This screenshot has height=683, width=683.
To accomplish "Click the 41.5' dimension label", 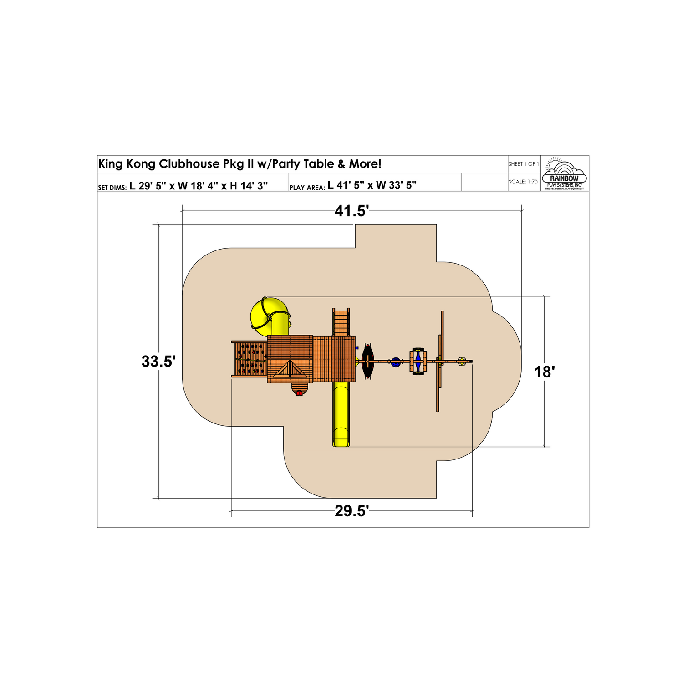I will pos(352,211).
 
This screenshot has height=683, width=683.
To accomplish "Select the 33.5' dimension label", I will pos(158,362).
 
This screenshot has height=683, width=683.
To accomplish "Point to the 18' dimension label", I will pos(544,372).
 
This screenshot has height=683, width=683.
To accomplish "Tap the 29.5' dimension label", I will pos(352,511).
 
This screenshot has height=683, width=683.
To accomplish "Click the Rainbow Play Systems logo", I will pos(564,173).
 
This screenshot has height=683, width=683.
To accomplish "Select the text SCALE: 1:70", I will pos(523,182).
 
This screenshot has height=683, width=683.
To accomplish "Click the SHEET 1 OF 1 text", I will pos(524,164).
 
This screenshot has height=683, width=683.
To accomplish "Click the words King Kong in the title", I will pos(127,164).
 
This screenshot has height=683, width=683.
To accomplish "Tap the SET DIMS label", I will pos(112,188).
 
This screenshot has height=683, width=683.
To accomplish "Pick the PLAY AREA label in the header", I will pos(307,188).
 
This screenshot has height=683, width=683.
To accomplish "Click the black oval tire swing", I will pos(367,361).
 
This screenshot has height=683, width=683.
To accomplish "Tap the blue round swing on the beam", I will pos(396,362).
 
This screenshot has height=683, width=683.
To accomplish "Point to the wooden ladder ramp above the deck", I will pos(341,322).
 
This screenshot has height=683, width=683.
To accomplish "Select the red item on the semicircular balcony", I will pos(299,392).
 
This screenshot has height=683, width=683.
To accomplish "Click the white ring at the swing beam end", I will pos(462,362).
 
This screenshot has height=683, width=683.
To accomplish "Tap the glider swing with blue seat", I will pos(418,362).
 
